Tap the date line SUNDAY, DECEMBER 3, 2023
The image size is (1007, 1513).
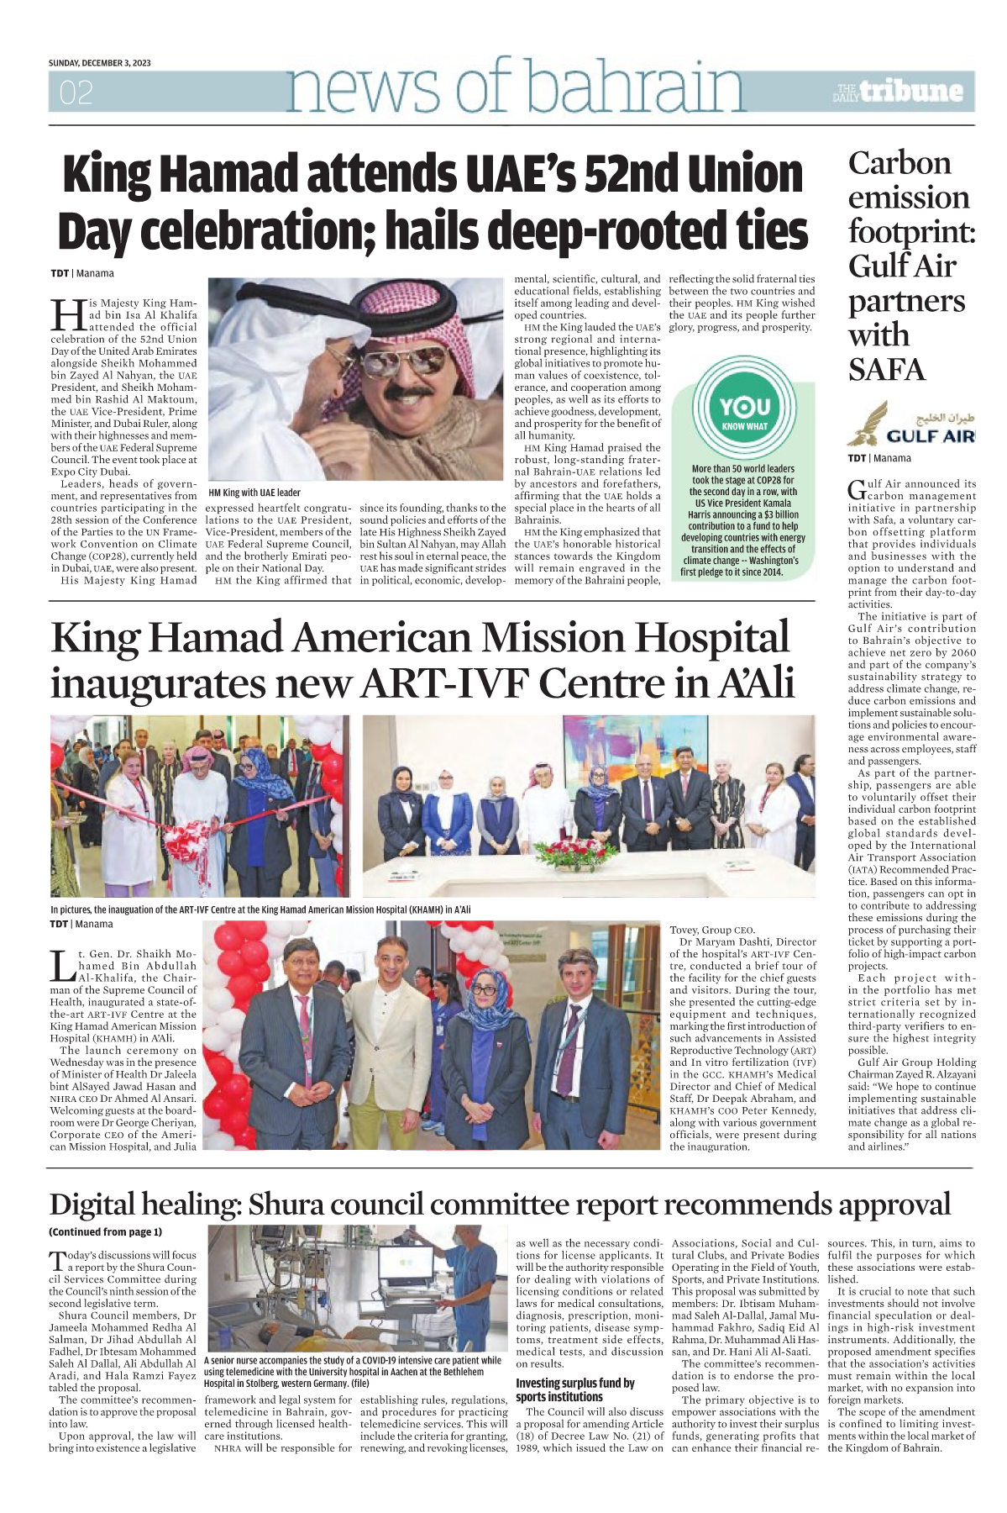99,63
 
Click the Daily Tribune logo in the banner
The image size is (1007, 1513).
898,92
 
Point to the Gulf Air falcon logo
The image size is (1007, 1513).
865,424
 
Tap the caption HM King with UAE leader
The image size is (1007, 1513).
254,493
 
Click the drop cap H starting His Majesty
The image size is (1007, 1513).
66,314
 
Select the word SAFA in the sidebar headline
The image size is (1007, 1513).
886,370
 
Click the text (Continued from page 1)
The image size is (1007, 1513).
105,1232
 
